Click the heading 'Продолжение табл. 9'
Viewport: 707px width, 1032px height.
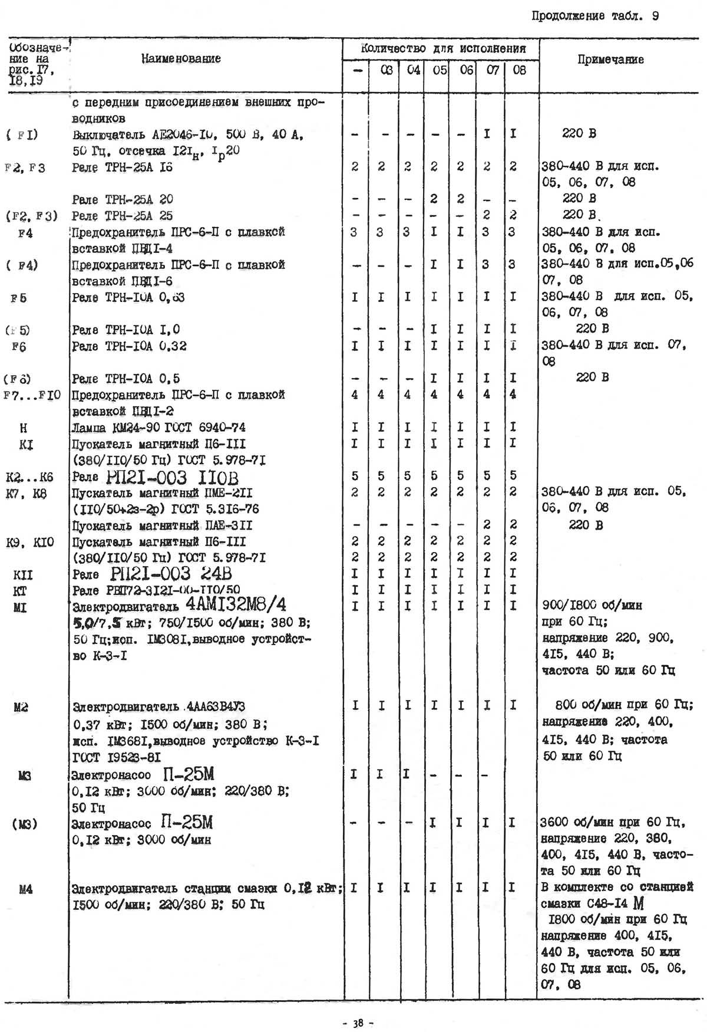point(594,16)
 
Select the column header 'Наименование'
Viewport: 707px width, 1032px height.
point(181,58)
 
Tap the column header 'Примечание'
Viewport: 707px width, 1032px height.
point(610,60)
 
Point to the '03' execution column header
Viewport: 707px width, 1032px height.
point(386,70)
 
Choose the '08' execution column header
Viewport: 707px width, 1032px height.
point(519,70)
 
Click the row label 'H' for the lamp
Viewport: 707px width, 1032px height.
point(23,428)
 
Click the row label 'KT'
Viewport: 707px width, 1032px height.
point(20,590)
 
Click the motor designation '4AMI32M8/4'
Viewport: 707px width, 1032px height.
point(236,604)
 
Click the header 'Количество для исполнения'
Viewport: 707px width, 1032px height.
point(442,48)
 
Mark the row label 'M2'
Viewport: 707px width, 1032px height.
point(21,706)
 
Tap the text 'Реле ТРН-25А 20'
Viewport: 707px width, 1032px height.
point(123,199)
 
